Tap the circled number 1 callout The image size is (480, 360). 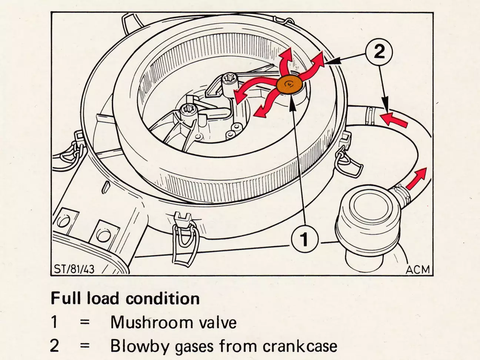pyautogui.click(x=305, y=239)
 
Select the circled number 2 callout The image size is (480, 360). pyautogui.click(x=379, y=52)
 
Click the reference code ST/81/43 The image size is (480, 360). pyautogui.click(x=74, y=269)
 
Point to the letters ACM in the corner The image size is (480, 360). pyautogui.click(x=417, y=270)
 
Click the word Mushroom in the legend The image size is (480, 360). pyautogui.click(x=152, y=322)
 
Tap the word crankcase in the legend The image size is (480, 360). pyautogui.click(x=300, y=346)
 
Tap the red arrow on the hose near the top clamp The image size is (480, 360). pyautogui.click(x=394, y=119)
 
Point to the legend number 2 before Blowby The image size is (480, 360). pyautogui.click(x=55, y=346)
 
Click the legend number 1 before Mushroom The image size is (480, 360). pyautogui.click(x=55, y=322)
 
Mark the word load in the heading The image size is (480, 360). pyautogui.click(x=103, y=298)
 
